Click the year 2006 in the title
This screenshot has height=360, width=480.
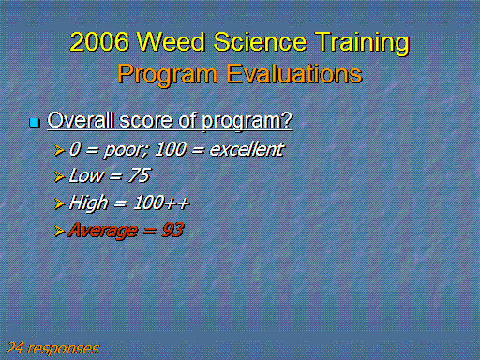(x=99, y=41)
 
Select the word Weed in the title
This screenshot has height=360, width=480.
(x=171, y=41)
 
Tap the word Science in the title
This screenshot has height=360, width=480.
(x=260, y=41)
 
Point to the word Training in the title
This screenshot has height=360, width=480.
(x=362, y=43)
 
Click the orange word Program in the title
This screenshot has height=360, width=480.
(x=168, y=75)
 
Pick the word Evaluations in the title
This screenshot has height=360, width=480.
(x=294, y=74)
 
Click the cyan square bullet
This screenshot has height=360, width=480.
(x=35, y=122)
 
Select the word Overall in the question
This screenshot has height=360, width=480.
(x=81, y=120)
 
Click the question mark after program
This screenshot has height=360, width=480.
(x=287, y=120)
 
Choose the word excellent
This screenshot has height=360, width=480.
(x=247, y=149)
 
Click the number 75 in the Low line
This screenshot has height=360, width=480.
(x=139, y=175)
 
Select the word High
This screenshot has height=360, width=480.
(x=88, y=203)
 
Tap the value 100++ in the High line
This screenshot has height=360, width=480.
(x=161, y=202)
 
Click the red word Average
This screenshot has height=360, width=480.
(x=103, y=231)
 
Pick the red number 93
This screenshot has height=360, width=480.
(x=172, y=230)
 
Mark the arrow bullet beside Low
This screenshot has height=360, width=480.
(x=59, y=176)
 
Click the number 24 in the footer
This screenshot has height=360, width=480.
(x=14, y=348)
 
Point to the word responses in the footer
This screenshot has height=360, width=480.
(x=64, y=349)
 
